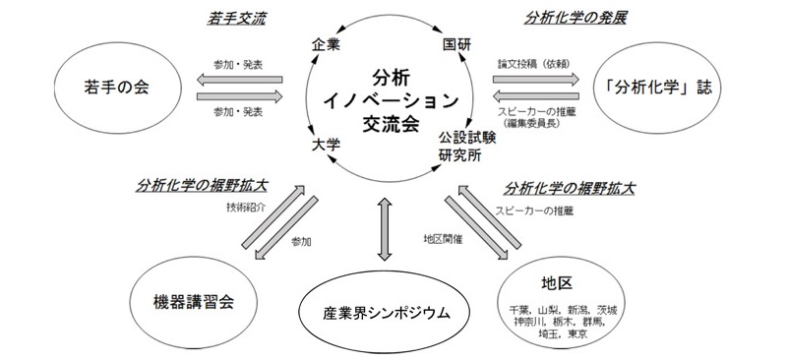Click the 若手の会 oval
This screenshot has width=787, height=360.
104,87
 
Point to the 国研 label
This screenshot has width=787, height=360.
456,46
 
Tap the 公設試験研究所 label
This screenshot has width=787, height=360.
466,149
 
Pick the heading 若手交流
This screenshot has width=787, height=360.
237,18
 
